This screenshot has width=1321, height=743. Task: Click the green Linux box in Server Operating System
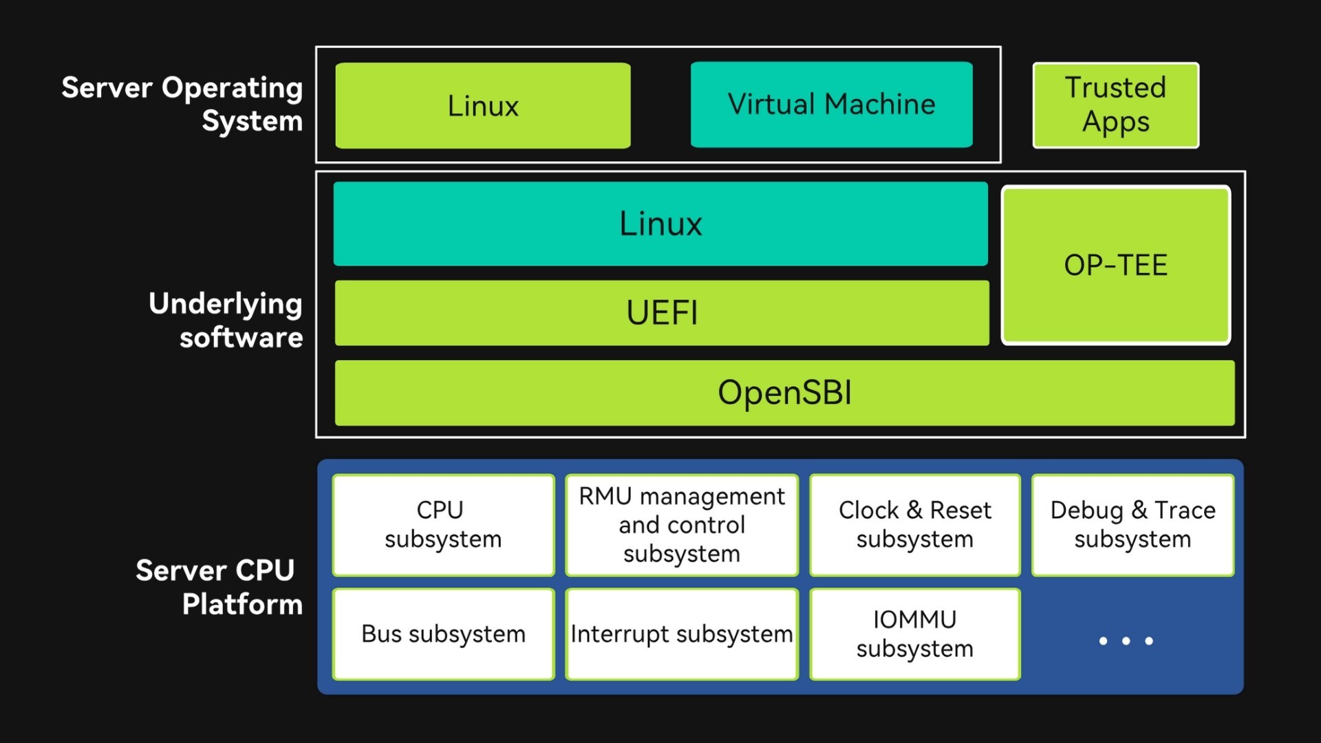click(x=482, y=106)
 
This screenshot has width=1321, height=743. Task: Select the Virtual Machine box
click(x=831, y=105)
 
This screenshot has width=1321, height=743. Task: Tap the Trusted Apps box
click(x=1115, y=105)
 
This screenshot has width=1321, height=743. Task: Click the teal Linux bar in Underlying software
click(x=660, y=224)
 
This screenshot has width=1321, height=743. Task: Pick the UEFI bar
click(x=661, y=313)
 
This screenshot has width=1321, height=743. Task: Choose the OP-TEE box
click(x=1115, y=265)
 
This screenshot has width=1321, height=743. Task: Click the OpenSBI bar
click(x=784, y=393)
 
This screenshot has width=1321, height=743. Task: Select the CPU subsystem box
click(x=443, y=525)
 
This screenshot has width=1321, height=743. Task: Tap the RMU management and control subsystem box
click(x=681, y=525)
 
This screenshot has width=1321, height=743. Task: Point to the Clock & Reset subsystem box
click(x=914, y=525)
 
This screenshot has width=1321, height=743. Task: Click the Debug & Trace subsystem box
click(x=1132, y=525)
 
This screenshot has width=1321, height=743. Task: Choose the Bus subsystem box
click(x=443, y=634)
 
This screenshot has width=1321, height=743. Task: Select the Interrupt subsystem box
click(x=681, y=634)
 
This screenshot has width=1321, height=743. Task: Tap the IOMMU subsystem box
click(x=914, y=634)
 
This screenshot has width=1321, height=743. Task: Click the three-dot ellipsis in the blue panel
click(x=1126, y=640)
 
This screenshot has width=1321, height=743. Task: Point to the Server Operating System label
click(x=182, y=104)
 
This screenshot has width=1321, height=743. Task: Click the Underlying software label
click(x=226, y=321)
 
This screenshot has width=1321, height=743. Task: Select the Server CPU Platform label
click(x=219, y=588)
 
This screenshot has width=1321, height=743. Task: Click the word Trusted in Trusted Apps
click(x=1115, y=87)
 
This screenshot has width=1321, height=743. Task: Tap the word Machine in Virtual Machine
click(x=880, y=105)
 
